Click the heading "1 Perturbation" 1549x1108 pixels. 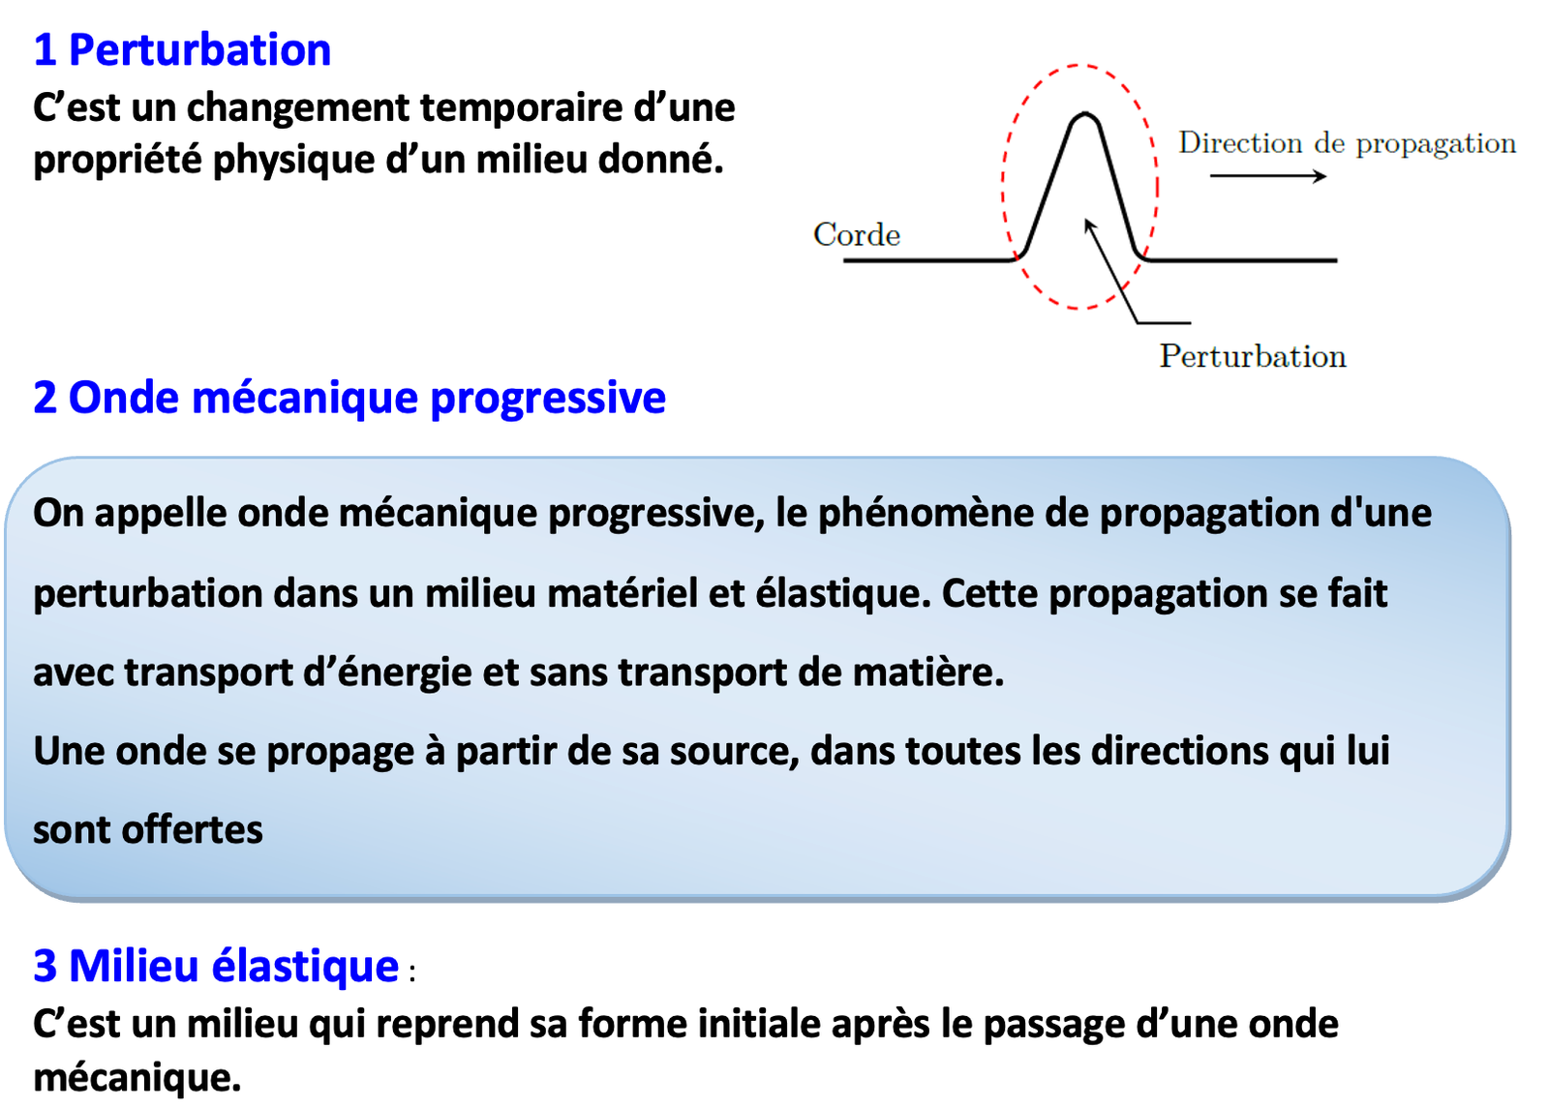coord(183,49)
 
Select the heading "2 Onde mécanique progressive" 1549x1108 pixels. coord(349,398)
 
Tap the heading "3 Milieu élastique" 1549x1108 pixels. coord(217,965)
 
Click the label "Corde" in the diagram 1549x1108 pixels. coord(857,235)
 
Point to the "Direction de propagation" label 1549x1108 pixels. coord(1347,144)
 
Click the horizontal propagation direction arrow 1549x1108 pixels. coord(1268,176)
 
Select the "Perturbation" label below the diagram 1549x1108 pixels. coord(1253,357)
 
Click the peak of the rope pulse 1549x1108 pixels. coord(1083,113)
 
